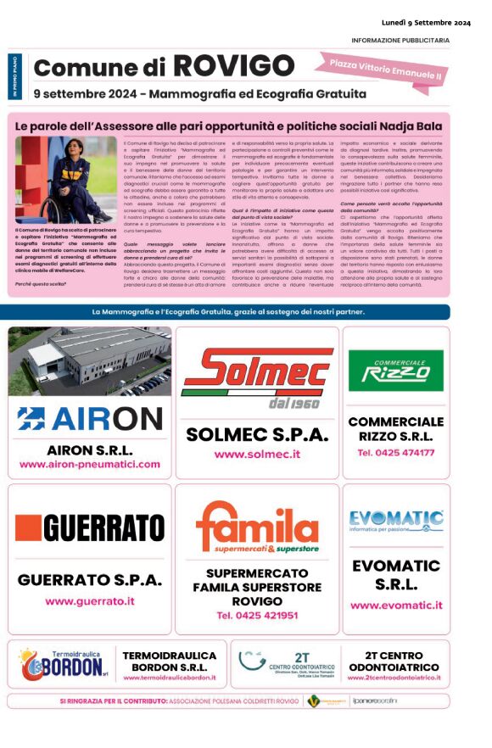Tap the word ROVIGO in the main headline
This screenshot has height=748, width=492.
(234, 65)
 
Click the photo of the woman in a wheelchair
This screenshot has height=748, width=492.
(53, 180)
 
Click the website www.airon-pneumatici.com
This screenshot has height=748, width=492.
(89, 465)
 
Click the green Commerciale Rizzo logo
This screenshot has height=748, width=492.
(395, 371)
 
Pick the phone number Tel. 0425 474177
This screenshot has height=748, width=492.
(395, 453)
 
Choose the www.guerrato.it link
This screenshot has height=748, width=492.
(89, 600)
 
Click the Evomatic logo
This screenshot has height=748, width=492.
(395, 521)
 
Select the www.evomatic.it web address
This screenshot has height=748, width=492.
(395, 606)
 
